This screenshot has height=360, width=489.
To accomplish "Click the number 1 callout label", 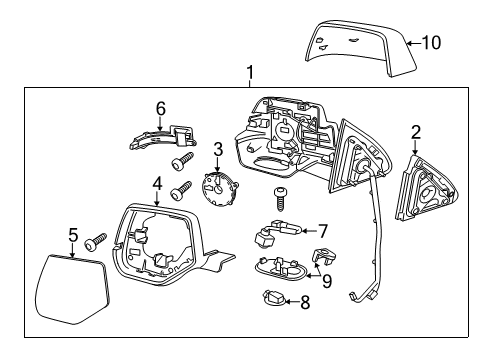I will [250, 72].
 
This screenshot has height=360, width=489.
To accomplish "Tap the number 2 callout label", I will [416, 131].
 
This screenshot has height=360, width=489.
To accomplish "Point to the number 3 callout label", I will [218, 148].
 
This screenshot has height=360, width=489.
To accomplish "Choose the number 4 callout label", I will [157, 182].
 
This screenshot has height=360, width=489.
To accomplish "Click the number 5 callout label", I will [73, 235].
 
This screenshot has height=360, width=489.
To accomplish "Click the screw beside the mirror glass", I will [98, 241].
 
